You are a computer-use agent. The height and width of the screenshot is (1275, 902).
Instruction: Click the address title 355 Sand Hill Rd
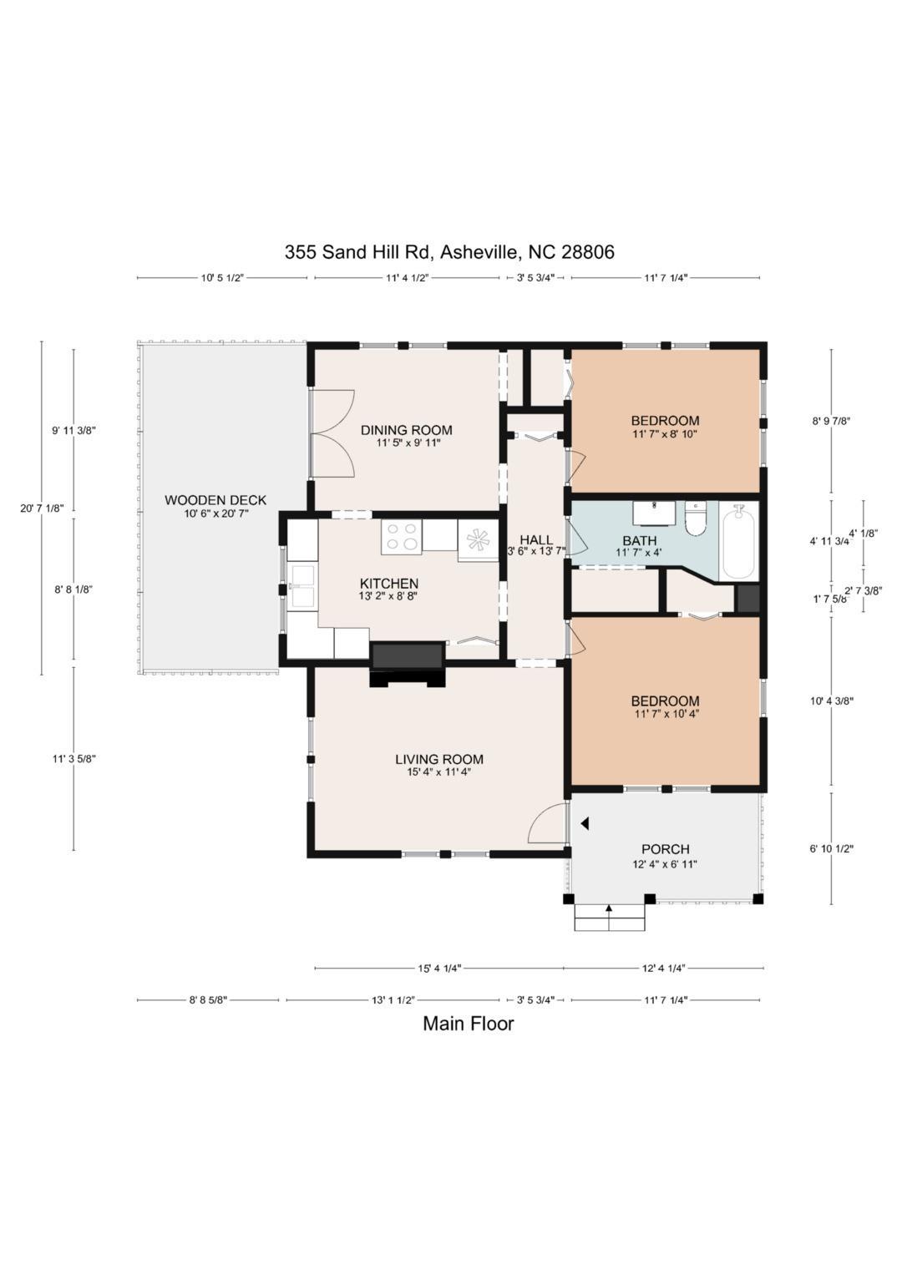click(449, 251)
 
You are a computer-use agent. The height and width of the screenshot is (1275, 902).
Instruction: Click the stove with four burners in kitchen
click(402, 537)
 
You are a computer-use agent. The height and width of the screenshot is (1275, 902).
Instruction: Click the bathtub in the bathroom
click(738, 540)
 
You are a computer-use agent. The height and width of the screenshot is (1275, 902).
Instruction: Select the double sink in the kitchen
click(302, 587)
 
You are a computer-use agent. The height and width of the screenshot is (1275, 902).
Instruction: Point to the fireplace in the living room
click(407, 663)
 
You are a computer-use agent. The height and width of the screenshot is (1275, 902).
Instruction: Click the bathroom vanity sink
click(653, 511)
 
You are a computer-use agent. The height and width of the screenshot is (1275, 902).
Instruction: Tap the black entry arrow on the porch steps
click(609, 908)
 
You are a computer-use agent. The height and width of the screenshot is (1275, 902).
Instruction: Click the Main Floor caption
click(468, 1023)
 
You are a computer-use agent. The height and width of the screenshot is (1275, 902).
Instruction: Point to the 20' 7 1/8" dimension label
click(42, 508)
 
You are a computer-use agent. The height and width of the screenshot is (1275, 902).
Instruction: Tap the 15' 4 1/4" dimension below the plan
click(439, 969)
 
